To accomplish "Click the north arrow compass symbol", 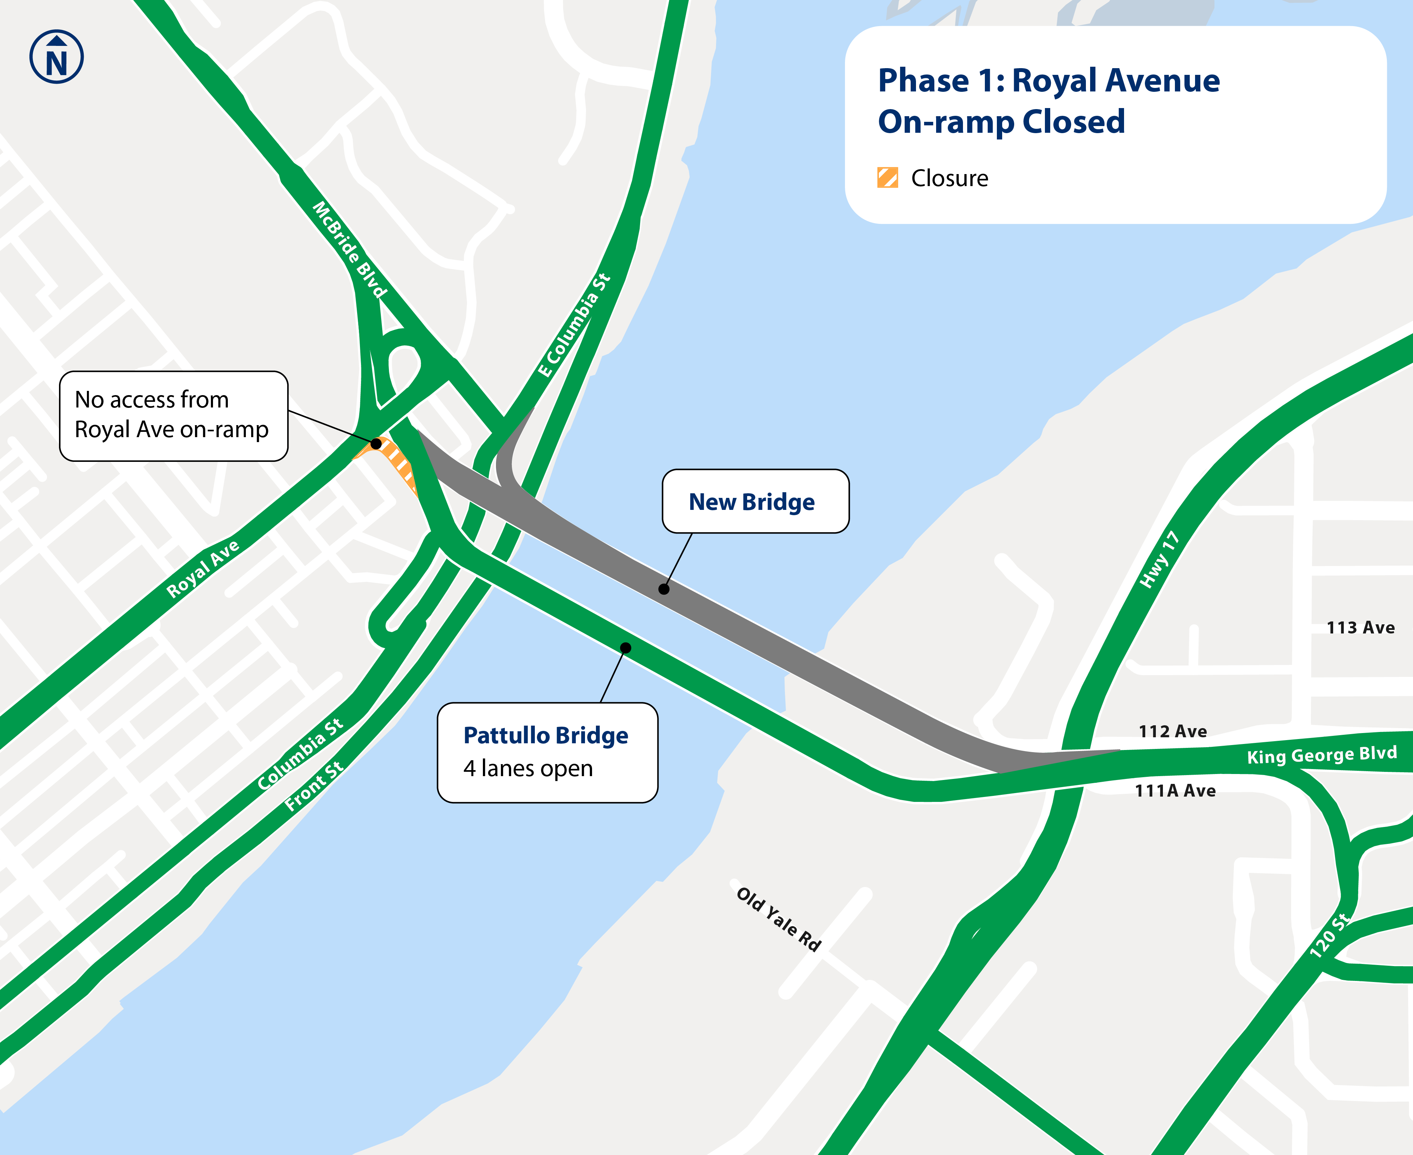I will tap(57, 56).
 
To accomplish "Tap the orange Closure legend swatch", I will tap(887, 178).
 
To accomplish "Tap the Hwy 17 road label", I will tap(1159, 560).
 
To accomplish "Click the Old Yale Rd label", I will tap(779, 919).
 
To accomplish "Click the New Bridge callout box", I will tap(755, 501).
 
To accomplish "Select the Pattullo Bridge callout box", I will tap(547, 752).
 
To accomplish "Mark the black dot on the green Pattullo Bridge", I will tap(626, 647).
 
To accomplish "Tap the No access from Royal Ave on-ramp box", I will tap(173, 416).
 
